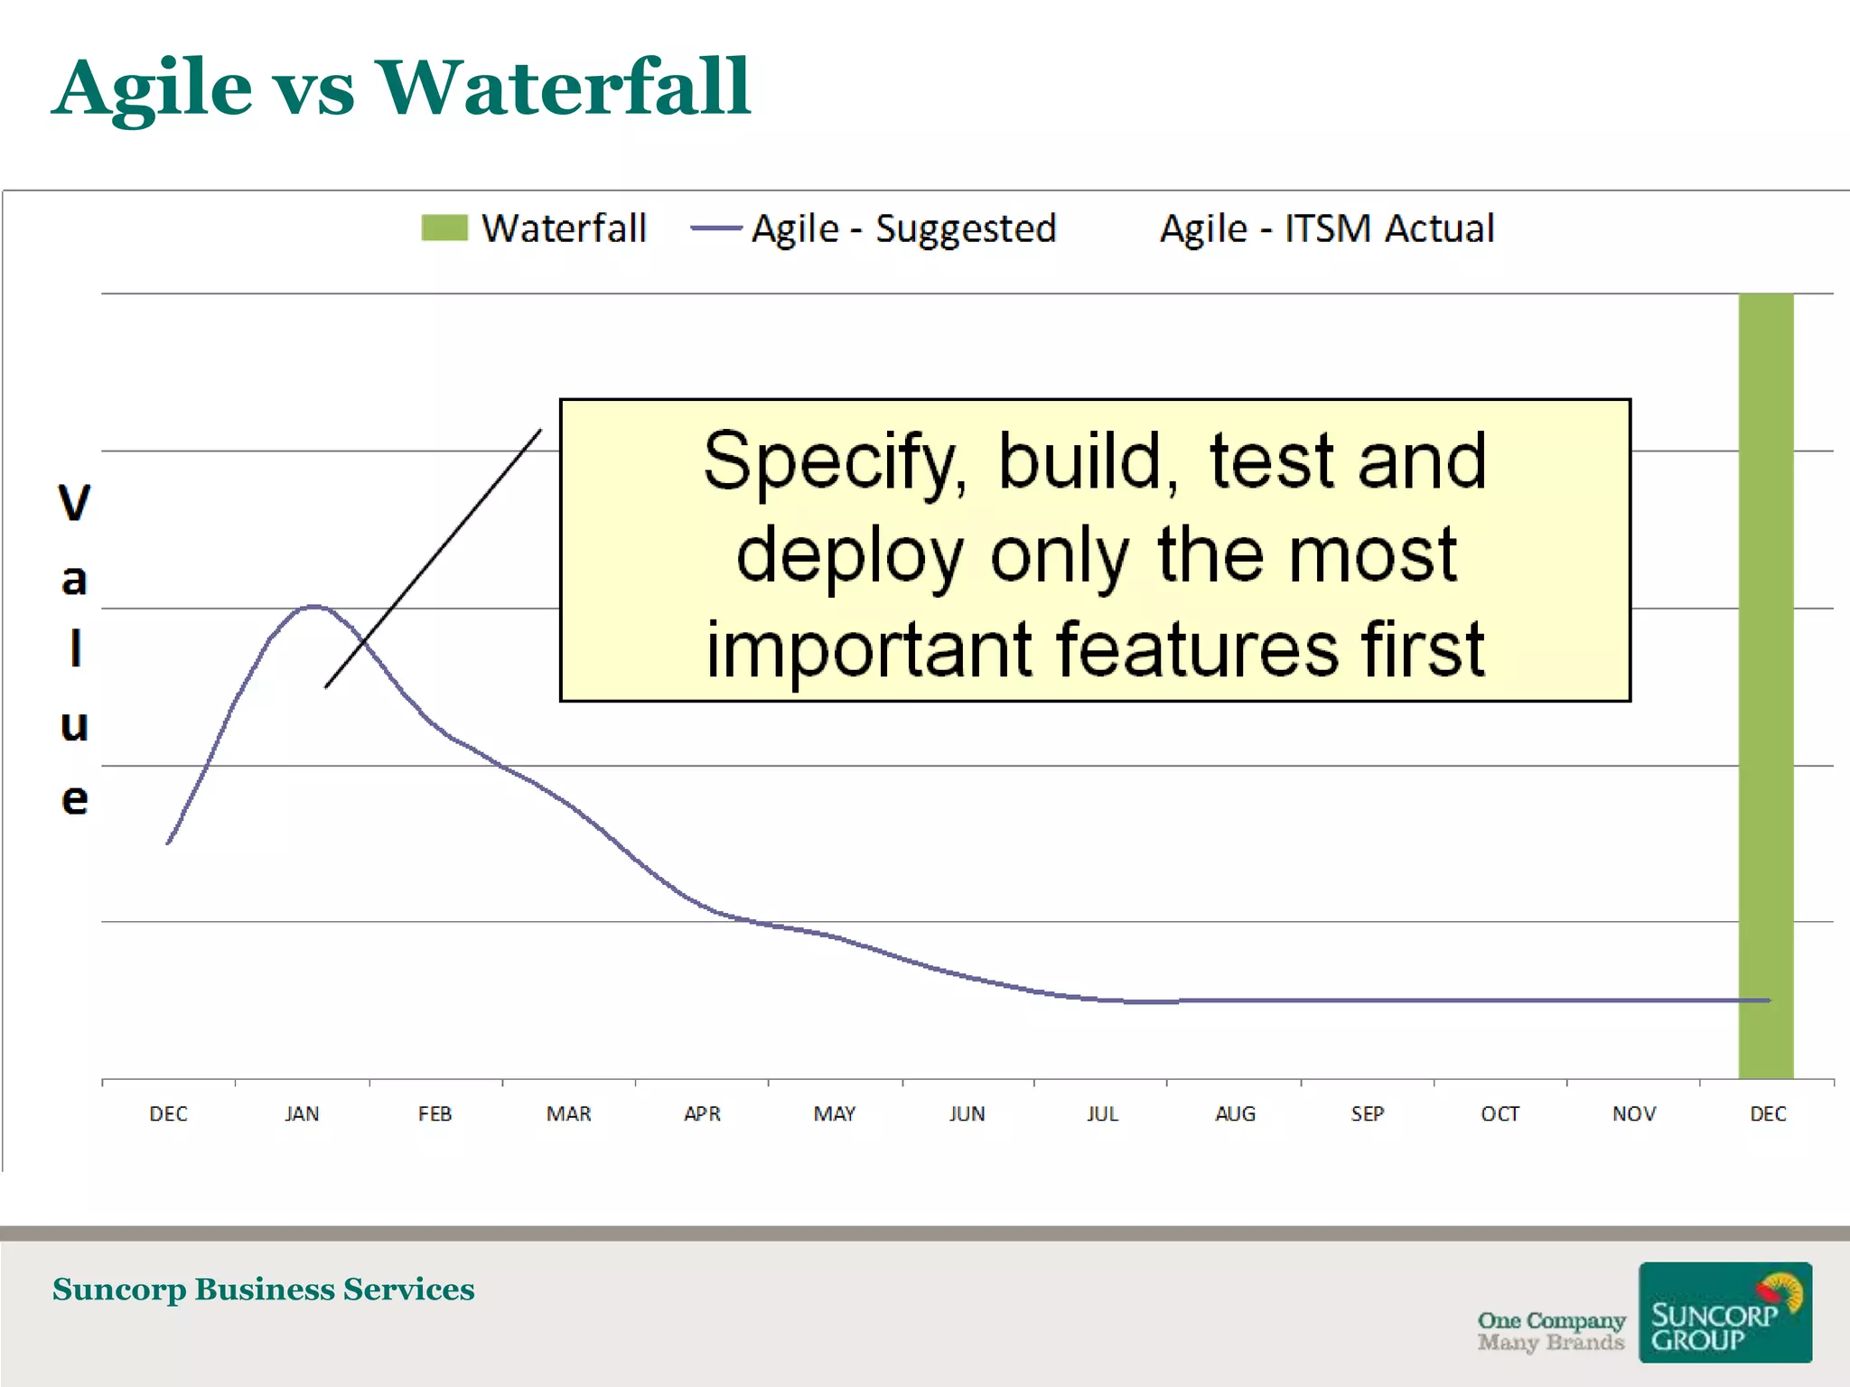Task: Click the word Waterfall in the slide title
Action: [563, 88]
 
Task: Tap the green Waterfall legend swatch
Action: [444, 228]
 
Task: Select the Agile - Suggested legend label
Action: [903, 228]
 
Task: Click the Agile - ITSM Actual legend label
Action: [1327, 228]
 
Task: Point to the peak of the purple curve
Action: [313, 606]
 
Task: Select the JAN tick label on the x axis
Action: [302, 1113]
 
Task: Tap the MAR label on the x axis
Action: [568, 1113]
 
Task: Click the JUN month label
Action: [967, 1113]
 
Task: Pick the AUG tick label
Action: [1235, 1113]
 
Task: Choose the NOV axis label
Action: [1633, 1113]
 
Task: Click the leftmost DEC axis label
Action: [168, 1113]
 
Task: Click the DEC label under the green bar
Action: [1767, 1113]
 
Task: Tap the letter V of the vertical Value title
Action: [74, 502]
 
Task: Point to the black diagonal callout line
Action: [434, 558]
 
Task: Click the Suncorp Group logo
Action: [1724, 1312]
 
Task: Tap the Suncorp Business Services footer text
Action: [263, 1289]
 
